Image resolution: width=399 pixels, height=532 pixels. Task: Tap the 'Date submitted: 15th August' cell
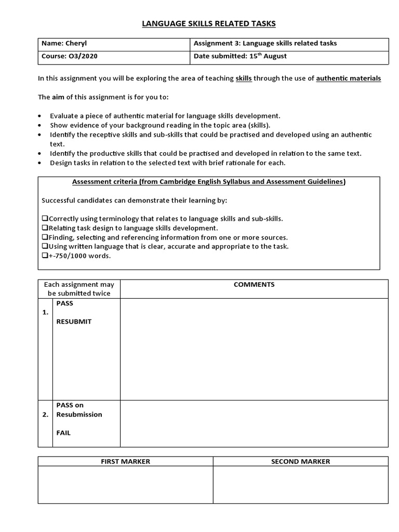click(x=240, y=56)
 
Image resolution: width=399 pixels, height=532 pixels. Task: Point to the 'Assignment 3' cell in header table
click(x=265, y=44)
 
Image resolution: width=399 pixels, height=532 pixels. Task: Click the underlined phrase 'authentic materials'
click(x=348, y=78)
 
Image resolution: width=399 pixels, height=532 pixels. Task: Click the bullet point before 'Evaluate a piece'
click(x=41, y=116)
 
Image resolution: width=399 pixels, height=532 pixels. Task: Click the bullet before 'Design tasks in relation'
click(x=41, y=163)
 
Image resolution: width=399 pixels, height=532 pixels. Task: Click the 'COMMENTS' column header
click(x=254, y=285)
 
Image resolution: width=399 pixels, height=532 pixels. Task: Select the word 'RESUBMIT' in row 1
click(x=74, y=322)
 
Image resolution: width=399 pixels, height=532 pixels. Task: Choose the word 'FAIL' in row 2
click(x=63, y=433)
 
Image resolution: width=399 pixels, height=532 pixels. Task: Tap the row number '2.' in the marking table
click(x=46, y=415)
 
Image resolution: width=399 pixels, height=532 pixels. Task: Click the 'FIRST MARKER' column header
click(x=125, y=461)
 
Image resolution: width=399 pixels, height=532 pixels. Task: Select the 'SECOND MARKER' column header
click(x=300, y=461)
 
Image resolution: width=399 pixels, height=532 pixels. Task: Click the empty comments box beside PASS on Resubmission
click(x=254, y=423)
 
